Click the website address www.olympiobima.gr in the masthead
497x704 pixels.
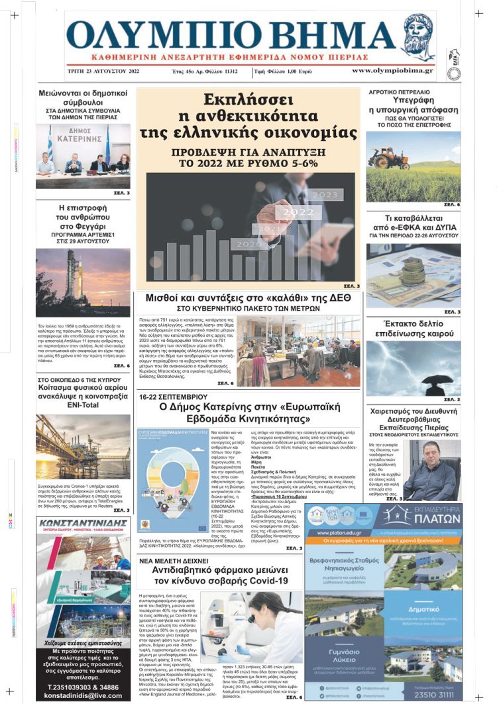pyautogui.click(x=392, y=70)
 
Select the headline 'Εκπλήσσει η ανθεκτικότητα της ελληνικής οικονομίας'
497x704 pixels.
pyautogui.click(x=248, y=116)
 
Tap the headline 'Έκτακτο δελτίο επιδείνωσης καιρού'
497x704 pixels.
pyautogui.click(x=414, y=329)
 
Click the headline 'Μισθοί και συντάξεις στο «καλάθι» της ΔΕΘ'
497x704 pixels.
pyautogui.click(x=248, y=299)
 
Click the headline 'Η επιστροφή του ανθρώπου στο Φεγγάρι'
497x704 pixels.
pyautogui.click(x=83, y=219)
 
